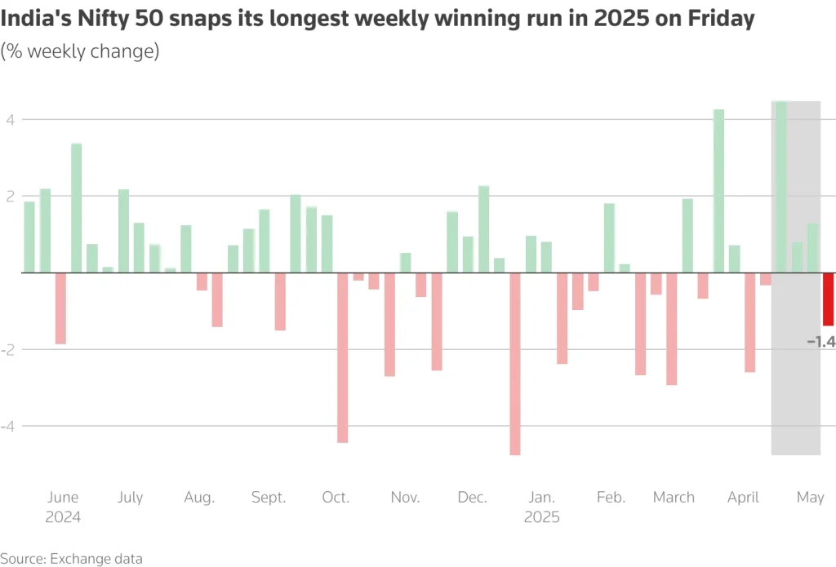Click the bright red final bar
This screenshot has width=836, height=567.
coord(828,299)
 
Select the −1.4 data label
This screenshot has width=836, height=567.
coord(820,342)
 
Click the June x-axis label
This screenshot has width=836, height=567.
coord(63,498)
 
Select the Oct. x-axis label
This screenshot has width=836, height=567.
coord(336,498)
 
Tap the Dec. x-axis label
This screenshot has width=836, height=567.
coord(473,498)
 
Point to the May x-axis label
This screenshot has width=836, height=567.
coord(810,498)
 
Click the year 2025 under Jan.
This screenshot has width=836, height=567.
coord(541,517)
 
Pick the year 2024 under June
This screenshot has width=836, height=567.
coord(63,517)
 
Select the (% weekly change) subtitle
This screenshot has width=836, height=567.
coord(79,51)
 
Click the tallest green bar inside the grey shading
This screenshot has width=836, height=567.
coord(780,187)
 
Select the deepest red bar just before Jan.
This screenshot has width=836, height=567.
coord(515,363)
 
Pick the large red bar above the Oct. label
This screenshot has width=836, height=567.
coord(343,357)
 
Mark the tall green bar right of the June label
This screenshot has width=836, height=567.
coord(76,208)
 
